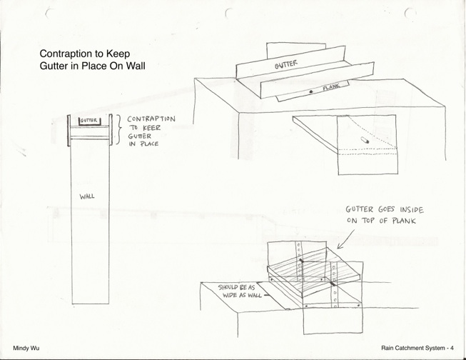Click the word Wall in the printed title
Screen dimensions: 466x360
136,66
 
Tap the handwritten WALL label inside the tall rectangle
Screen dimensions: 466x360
87,196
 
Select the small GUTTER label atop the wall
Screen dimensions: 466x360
88,121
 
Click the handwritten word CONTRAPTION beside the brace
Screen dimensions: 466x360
151,119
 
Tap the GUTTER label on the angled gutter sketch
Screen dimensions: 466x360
286,64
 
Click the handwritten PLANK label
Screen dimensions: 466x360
331,87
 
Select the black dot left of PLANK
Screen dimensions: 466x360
311,92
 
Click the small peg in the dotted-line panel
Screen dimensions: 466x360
365,140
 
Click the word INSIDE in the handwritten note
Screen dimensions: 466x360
412,210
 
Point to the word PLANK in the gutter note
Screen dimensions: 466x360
404,221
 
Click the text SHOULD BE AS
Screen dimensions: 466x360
236,287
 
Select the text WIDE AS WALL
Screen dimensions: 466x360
242,295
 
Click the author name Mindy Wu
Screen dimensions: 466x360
26,348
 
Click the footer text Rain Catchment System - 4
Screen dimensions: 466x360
417,348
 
